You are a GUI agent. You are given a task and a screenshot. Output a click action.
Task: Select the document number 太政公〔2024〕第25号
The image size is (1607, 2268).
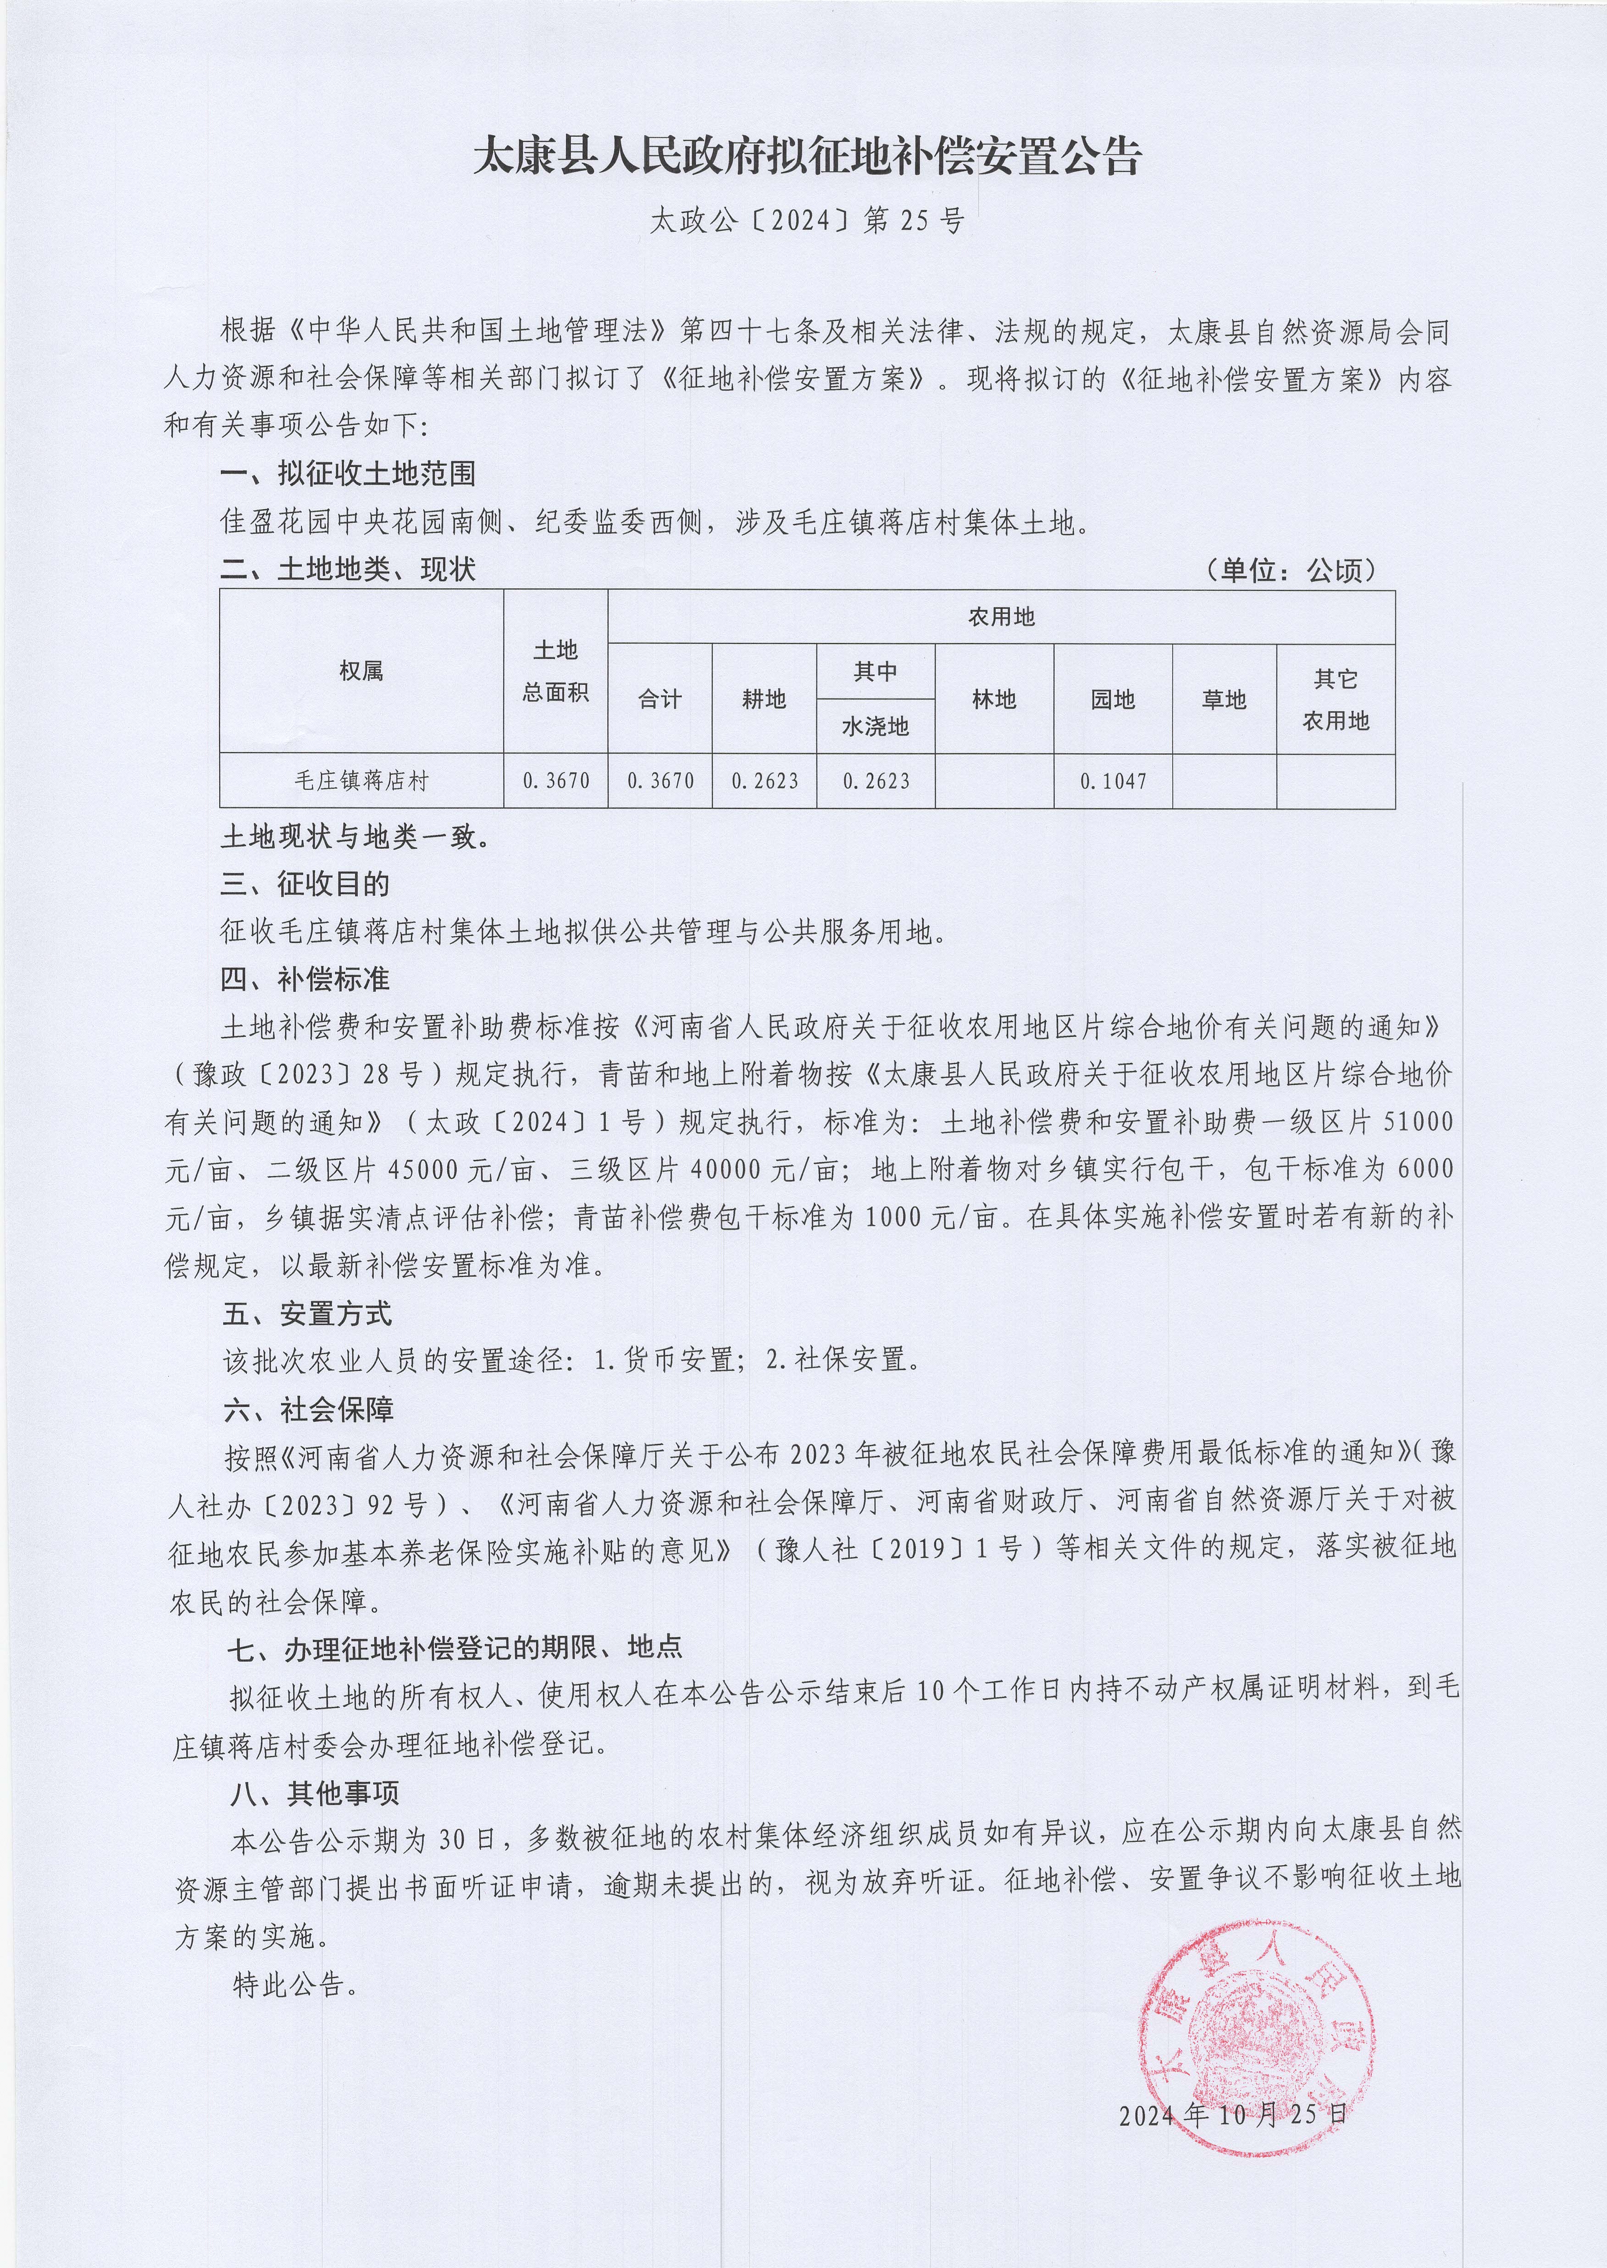point(806,221)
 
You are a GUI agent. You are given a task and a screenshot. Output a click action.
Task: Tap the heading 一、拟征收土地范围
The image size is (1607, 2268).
point(347,474)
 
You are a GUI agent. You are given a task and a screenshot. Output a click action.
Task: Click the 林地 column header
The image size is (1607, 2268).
point(993,700)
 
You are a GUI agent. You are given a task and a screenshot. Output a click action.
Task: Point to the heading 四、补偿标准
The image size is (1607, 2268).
point(305,979)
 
